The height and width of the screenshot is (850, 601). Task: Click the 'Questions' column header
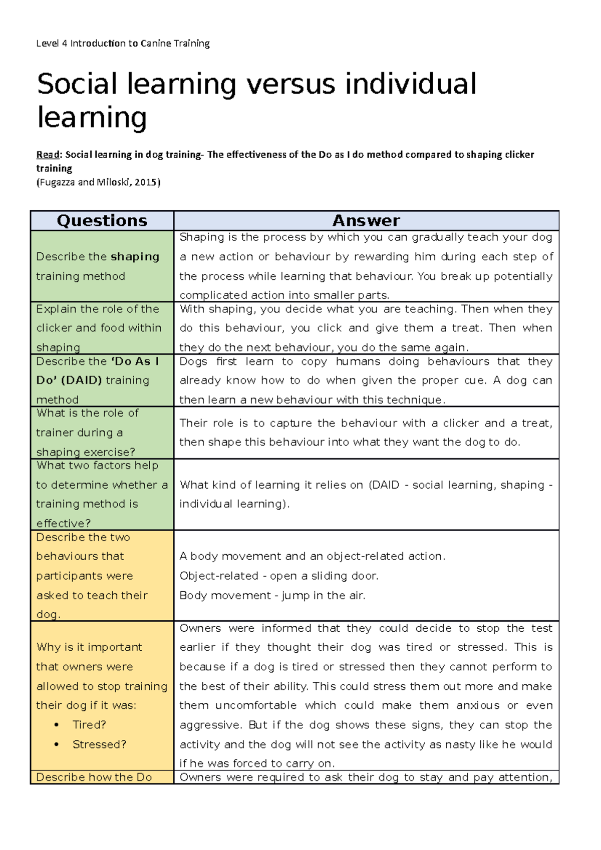tap(102, 221)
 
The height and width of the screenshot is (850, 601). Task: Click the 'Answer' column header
tap(366, 221)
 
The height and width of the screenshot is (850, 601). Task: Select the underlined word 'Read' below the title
tap(48, 155)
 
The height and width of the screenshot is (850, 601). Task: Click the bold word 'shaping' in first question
tap(135, 257)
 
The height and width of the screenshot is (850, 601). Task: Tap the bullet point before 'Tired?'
tap(57, 725)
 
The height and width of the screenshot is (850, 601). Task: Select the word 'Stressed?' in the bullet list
tap(99, 744)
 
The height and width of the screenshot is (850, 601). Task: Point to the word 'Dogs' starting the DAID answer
tap(193, 361)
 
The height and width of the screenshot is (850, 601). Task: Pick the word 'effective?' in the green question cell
tap(63, 524)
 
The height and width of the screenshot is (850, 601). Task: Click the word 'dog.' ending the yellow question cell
tap(48, 615)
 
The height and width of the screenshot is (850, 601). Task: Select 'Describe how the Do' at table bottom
tap(94, 777)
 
